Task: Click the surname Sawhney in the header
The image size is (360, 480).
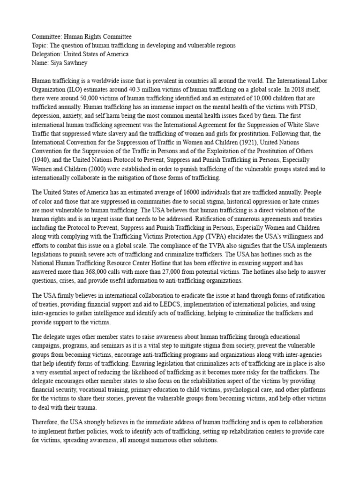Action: pos(75,63)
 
